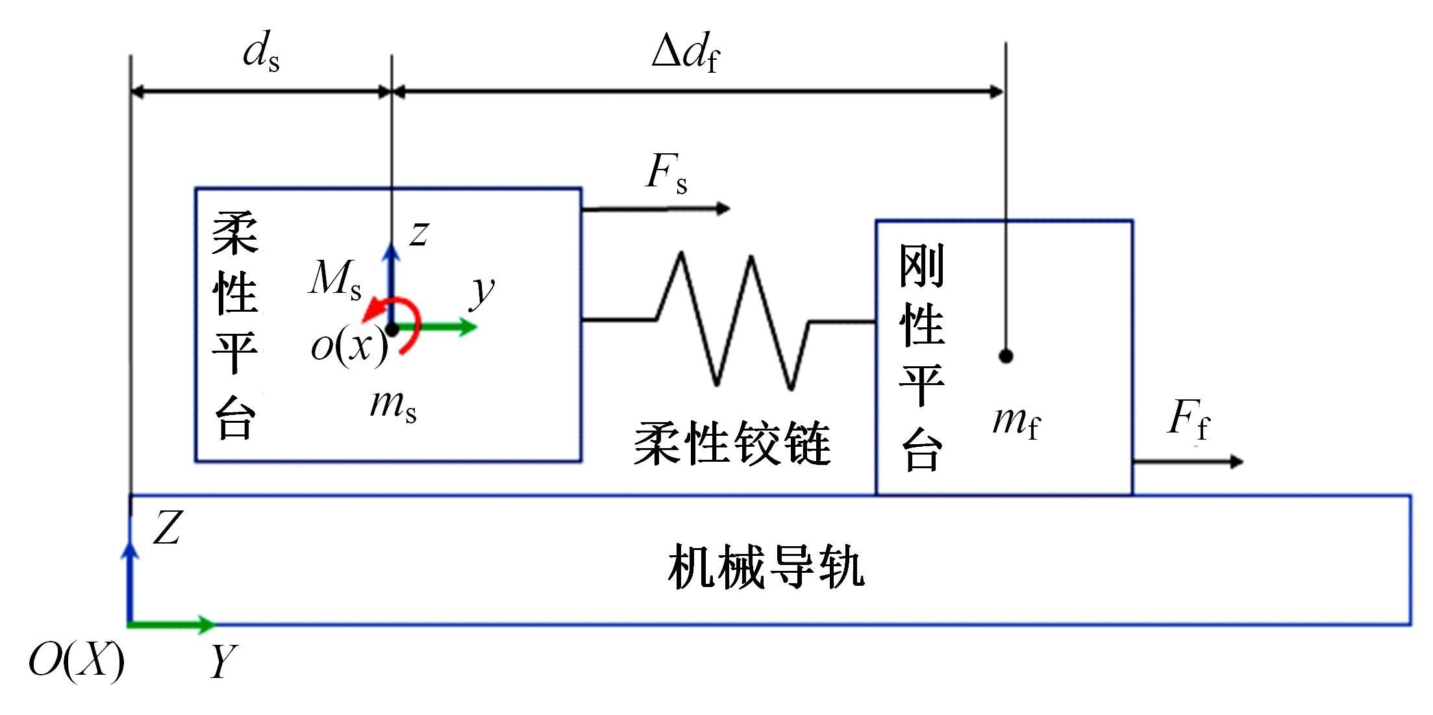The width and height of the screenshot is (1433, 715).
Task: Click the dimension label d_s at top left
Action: [x=261, y=53]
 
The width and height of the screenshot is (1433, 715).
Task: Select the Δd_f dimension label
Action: [x=686, y=53]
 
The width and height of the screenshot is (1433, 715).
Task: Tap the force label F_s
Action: [x=666, y=173]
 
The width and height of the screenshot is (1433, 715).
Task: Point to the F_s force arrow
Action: [x=656, y=209]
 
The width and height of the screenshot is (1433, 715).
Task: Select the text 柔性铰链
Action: [x=732, y=444]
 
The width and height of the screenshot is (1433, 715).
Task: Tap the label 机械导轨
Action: [x=766, y=568]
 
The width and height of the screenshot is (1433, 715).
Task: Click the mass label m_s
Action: [x=393, y=405]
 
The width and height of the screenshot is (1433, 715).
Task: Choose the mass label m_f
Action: [x=1016, y=422]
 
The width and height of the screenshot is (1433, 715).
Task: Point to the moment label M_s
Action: [x=334, y=279]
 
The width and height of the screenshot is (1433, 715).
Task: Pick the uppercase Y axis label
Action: [x=223, y=661]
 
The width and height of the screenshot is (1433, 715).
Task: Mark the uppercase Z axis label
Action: [x=167, y=527]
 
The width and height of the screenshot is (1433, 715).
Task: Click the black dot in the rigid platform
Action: [x=1006, y=356]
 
